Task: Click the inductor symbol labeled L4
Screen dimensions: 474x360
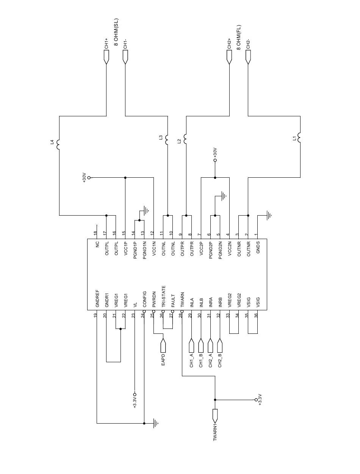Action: (x=59, y=145)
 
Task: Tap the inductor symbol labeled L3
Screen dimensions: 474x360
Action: (x=167, y=138)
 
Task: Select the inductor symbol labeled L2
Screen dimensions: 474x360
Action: (x=186, y=139)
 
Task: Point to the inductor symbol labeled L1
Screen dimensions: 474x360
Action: (x=300, y=137)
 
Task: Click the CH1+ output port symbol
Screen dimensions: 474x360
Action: (x=106, y=57)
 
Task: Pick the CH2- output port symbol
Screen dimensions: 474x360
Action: (x=248, y=57)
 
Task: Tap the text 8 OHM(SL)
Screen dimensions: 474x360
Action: (x=116, y=32)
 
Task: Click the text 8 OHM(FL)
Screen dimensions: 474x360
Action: (x=239, y=37)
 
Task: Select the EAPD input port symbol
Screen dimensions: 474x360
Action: (x=163, y=346)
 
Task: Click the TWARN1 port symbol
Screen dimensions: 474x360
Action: (x=215, y=416)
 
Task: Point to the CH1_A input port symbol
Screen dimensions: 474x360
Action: (x=192, y=346)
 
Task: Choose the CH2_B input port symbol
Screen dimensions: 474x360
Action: (x=220, y=346)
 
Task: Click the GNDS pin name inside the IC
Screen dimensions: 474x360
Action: (x=258, y=247)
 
